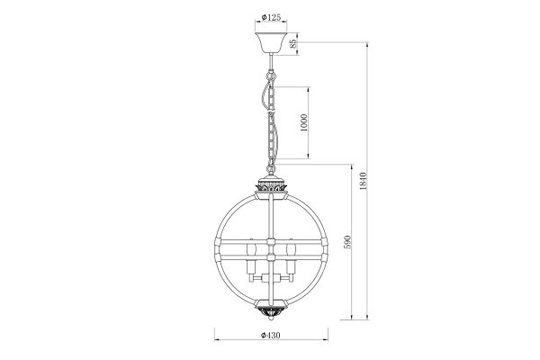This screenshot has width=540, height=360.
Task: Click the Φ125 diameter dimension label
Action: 271,17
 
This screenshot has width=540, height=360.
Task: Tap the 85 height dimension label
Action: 293,43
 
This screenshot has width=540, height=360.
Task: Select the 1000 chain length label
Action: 304,122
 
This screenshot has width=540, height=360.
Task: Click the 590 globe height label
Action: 347,242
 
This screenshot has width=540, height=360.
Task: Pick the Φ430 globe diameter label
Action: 271,335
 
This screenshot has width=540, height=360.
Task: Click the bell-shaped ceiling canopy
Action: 272,43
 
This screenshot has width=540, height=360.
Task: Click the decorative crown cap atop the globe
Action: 271,185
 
